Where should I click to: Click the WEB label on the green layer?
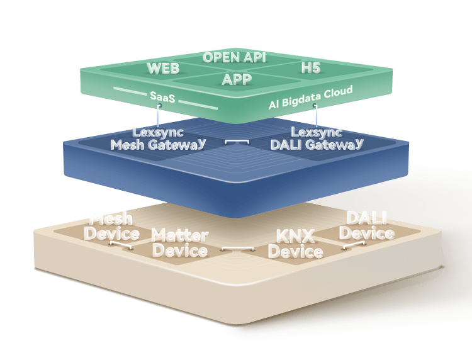pyautogui.click(x=164, y=68)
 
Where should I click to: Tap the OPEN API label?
pyautogui.click(x=234, y=57)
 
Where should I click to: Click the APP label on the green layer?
pyautogui.click(x=237, y=79)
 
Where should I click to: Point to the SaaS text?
pyautogui.click(x=162, y=98)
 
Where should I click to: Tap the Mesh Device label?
pyautogui.click(x=111, y=227)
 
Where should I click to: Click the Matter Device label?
pyautogui.click(x=180, y=243)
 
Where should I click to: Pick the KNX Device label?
pyautogui.click(x=295, y=244)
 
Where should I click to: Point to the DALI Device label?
pyautogui.click(x=366, y=226)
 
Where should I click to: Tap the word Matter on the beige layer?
pyautogui.click(x=180, y=235)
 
